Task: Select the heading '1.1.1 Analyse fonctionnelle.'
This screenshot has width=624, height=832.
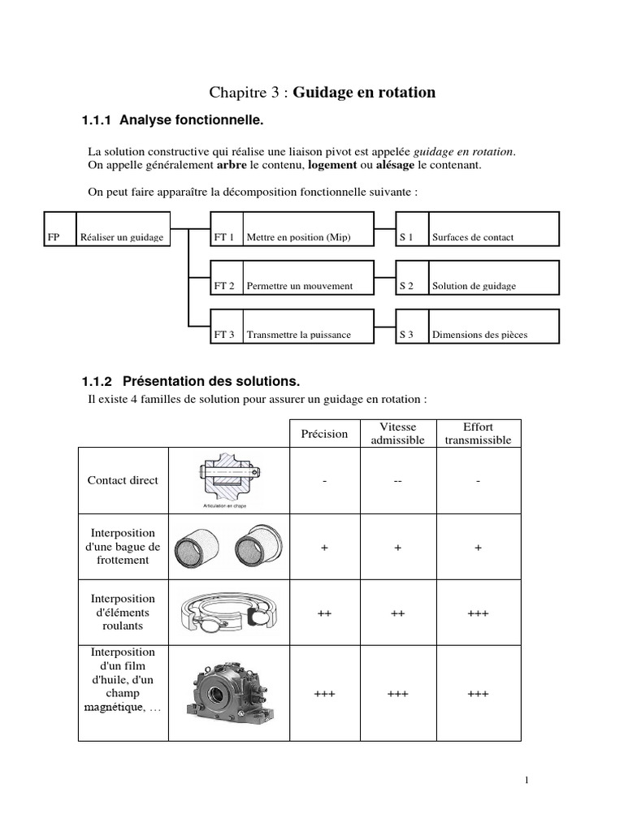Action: tap(173, 121)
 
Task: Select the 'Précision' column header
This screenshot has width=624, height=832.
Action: tap(324, 434)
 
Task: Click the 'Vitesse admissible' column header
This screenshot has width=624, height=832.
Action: tap(397, 434)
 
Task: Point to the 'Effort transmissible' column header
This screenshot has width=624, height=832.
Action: tap(479, 434)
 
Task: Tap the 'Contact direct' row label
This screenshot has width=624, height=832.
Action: tap(123, 480)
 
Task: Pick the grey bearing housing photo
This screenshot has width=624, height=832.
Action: tap(229, 693)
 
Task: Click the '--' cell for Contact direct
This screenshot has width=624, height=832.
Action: tap(397, 481)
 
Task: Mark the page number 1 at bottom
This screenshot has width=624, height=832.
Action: tap(526, 781)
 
